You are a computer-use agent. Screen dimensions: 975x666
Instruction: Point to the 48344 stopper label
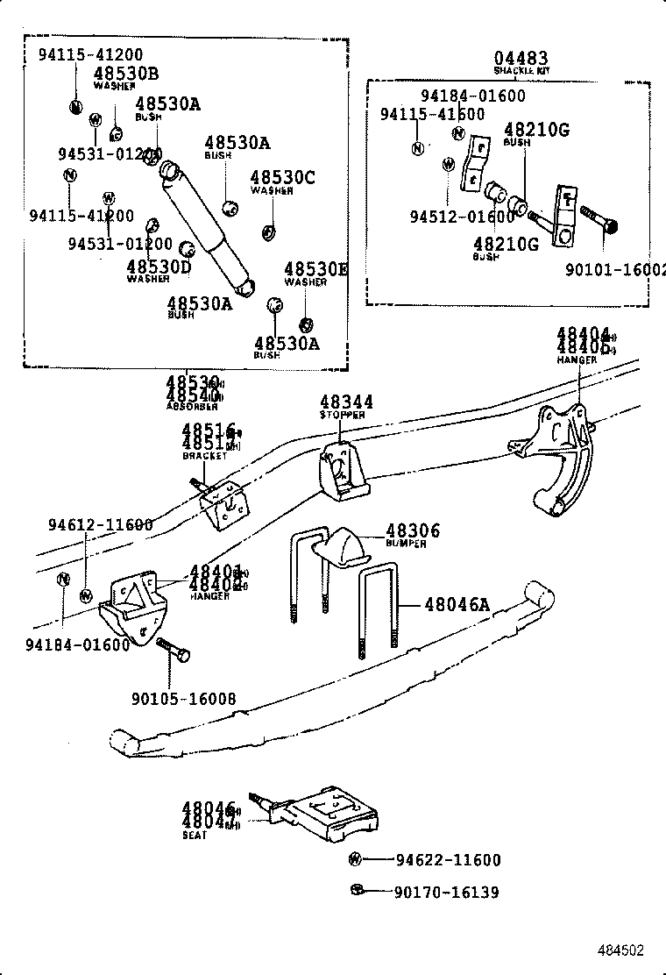(346, 402)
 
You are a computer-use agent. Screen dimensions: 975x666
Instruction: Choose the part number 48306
(413, 530)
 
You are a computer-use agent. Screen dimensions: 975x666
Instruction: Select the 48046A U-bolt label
(457, 604)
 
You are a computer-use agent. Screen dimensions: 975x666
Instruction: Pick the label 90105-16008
(183, 700)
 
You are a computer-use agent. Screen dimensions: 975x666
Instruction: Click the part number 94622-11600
(448, 860)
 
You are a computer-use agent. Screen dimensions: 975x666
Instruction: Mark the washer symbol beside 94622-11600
(356, 859)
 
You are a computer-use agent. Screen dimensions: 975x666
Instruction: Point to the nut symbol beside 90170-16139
(356, 892)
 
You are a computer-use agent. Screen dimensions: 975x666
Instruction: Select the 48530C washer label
(282, 178)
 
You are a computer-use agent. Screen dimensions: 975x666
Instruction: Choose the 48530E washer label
(315, 269)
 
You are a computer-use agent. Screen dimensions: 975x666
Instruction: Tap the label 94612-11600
(100, 525)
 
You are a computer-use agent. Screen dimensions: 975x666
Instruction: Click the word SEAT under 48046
(195, 836)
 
